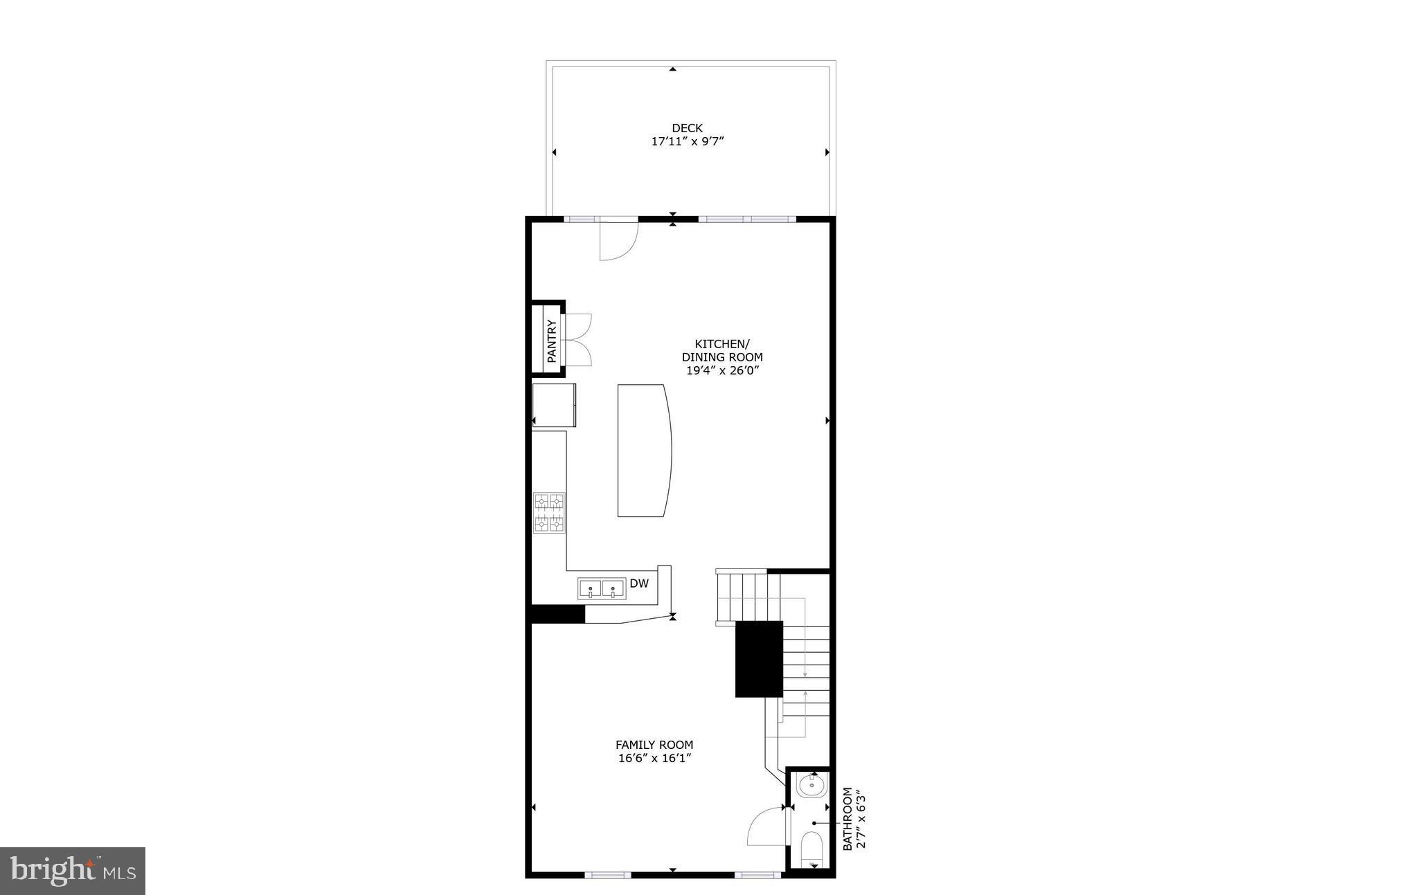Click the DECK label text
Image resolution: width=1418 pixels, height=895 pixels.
click(x=687, y=128)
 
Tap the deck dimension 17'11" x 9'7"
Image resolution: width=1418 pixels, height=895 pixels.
click(x=687, y=141)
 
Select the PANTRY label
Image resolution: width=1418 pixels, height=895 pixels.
click(x=552, y=341)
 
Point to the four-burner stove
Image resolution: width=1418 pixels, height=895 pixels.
click(x=549, y=513)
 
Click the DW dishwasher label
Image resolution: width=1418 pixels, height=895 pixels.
click(x=639, y=584)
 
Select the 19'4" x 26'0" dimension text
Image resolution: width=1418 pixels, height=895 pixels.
click(x=722, y=370)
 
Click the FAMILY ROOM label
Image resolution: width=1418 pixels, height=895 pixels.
click(x=654, y=745)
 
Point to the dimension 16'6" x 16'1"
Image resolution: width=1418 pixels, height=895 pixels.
click(x=655, y=758)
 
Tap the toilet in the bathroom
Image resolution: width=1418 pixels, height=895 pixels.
click(x=811, y=849)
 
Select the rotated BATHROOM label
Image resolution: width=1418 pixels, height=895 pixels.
click(x=847, y=818)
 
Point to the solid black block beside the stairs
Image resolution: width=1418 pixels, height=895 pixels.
click(x=758, y=659)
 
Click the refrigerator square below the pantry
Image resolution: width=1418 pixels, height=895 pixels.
click(x=554, y=405)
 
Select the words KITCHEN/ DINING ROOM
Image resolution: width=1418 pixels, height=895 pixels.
click(x=722, y=350)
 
